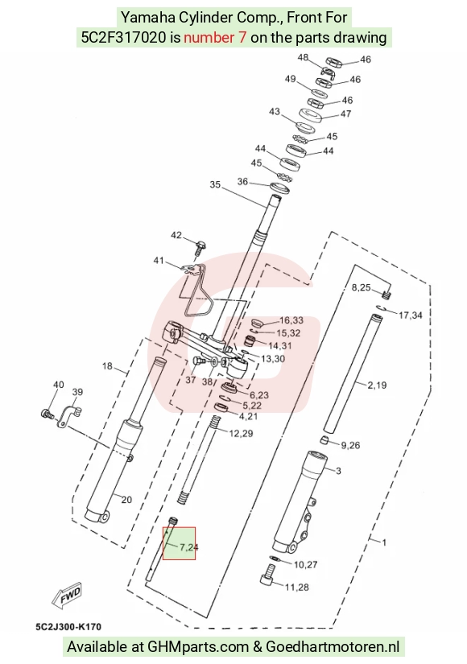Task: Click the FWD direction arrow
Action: click(67, 596)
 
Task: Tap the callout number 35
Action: click(215, 184)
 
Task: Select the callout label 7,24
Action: click(188, 547)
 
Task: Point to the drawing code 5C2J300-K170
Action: click(68, 627)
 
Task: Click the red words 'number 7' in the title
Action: click(214, 38)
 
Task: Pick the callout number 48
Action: click(303, 58)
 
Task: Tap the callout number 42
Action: click(176, 236)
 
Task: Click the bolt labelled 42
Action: click(199, 247)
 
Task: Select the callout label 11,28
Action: click(296, 588)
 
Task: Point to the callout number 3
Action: click(338, 471)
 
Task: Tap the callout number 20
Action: click(126, 500)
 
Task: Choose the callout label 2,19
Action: click(377, 385)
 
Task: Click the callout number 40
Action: click(59, 385)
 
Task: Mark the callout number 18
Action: click(107, 366)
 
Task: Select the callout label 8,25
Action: click(361, 287)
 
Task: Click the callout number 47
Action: click(345, 113)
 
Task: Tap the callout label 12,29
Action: click(241, 433)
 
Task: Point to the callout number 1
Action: click(384, 542)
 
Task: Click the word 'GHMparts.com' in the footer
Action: click(198, 647)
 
